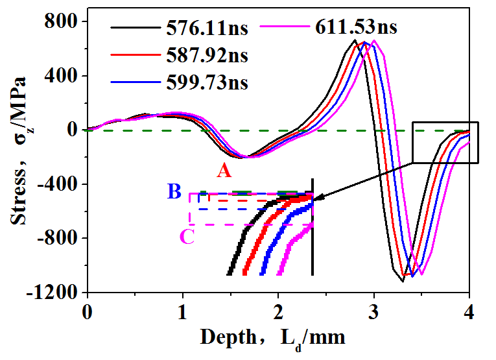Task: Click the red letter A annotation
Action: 224,170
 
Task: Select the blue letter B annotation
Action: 174,191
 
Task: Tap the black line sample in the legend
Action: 133,28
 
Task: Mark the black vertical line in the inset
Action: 313,227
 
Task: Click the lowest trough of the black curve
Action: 402,281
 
